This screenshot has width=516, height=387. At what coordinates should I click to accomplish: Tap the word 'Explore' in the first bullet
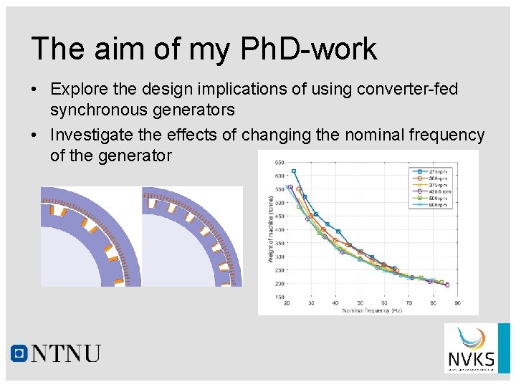pos(80,90)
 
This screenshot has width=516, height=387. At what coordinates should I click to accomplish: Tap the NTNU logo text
pos(66,353)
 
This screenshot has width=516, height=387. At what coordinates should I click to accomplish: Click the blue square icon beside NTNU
pos(19,353)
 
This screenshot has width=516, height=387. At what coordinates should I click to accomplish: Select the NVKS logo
pos(471,348)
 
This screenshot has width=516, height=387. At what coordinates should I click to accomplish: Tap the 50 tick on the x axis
pos(360,303)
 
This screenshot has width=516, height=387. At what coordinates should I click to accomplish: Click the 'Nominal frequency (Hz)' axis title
pos(371,310)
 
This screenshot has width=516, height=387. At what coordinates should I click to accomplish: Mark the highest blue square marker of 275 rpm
pos(294,171)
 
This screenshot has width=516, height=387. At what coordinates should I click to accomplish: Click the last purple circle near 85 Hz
pos(446,285)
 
